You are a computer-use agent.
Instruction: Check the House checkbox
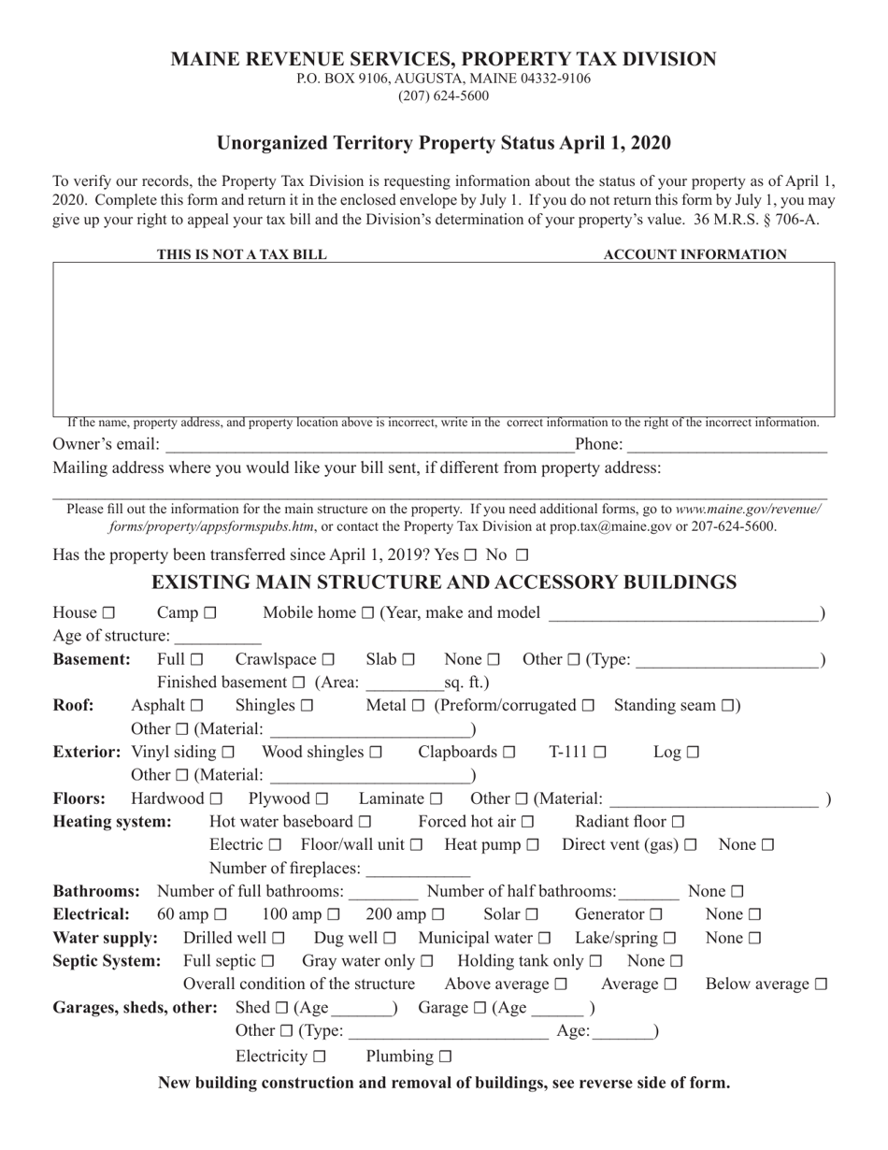pos(108,614)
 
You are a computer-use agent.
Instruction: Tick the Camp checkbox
pos(209,614)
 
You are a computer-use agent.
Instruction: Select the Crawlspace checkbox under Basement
pos(327,660)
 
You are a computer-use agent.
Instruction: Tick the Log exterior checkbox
pos(693,752)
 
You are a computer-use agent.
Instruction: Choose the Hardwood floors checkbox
pos(217,799)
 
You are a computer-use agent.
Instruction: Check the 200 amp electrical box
pos(437,915)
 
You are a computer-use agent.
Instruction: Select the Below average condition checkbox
pos(821,985)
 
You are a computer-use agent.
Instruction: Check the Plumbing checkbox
pos(445,1057)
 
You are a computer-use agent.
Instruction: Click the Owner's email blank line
pos(368,446)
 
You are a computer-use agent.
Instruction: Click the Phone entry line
pos(727,446)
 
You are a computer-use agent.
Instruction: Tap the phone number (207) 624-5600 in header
pos(443,96)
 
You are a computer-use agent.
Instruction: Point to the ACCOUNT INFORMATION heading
pos(695,254)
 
